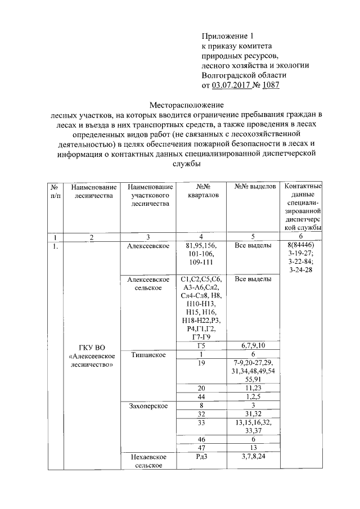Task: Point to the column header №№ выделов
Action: click(x=251, y=185)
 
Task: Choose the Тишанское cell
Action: click(x=147, y=354)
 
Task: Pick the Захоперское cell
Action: click(x=147, y=405)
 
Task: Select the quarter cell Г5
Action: click(x=200, y=345)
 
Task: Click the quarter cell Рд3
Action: click(x=201, y=456)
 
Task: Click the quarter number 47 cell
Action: click(x=200, y=447)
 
